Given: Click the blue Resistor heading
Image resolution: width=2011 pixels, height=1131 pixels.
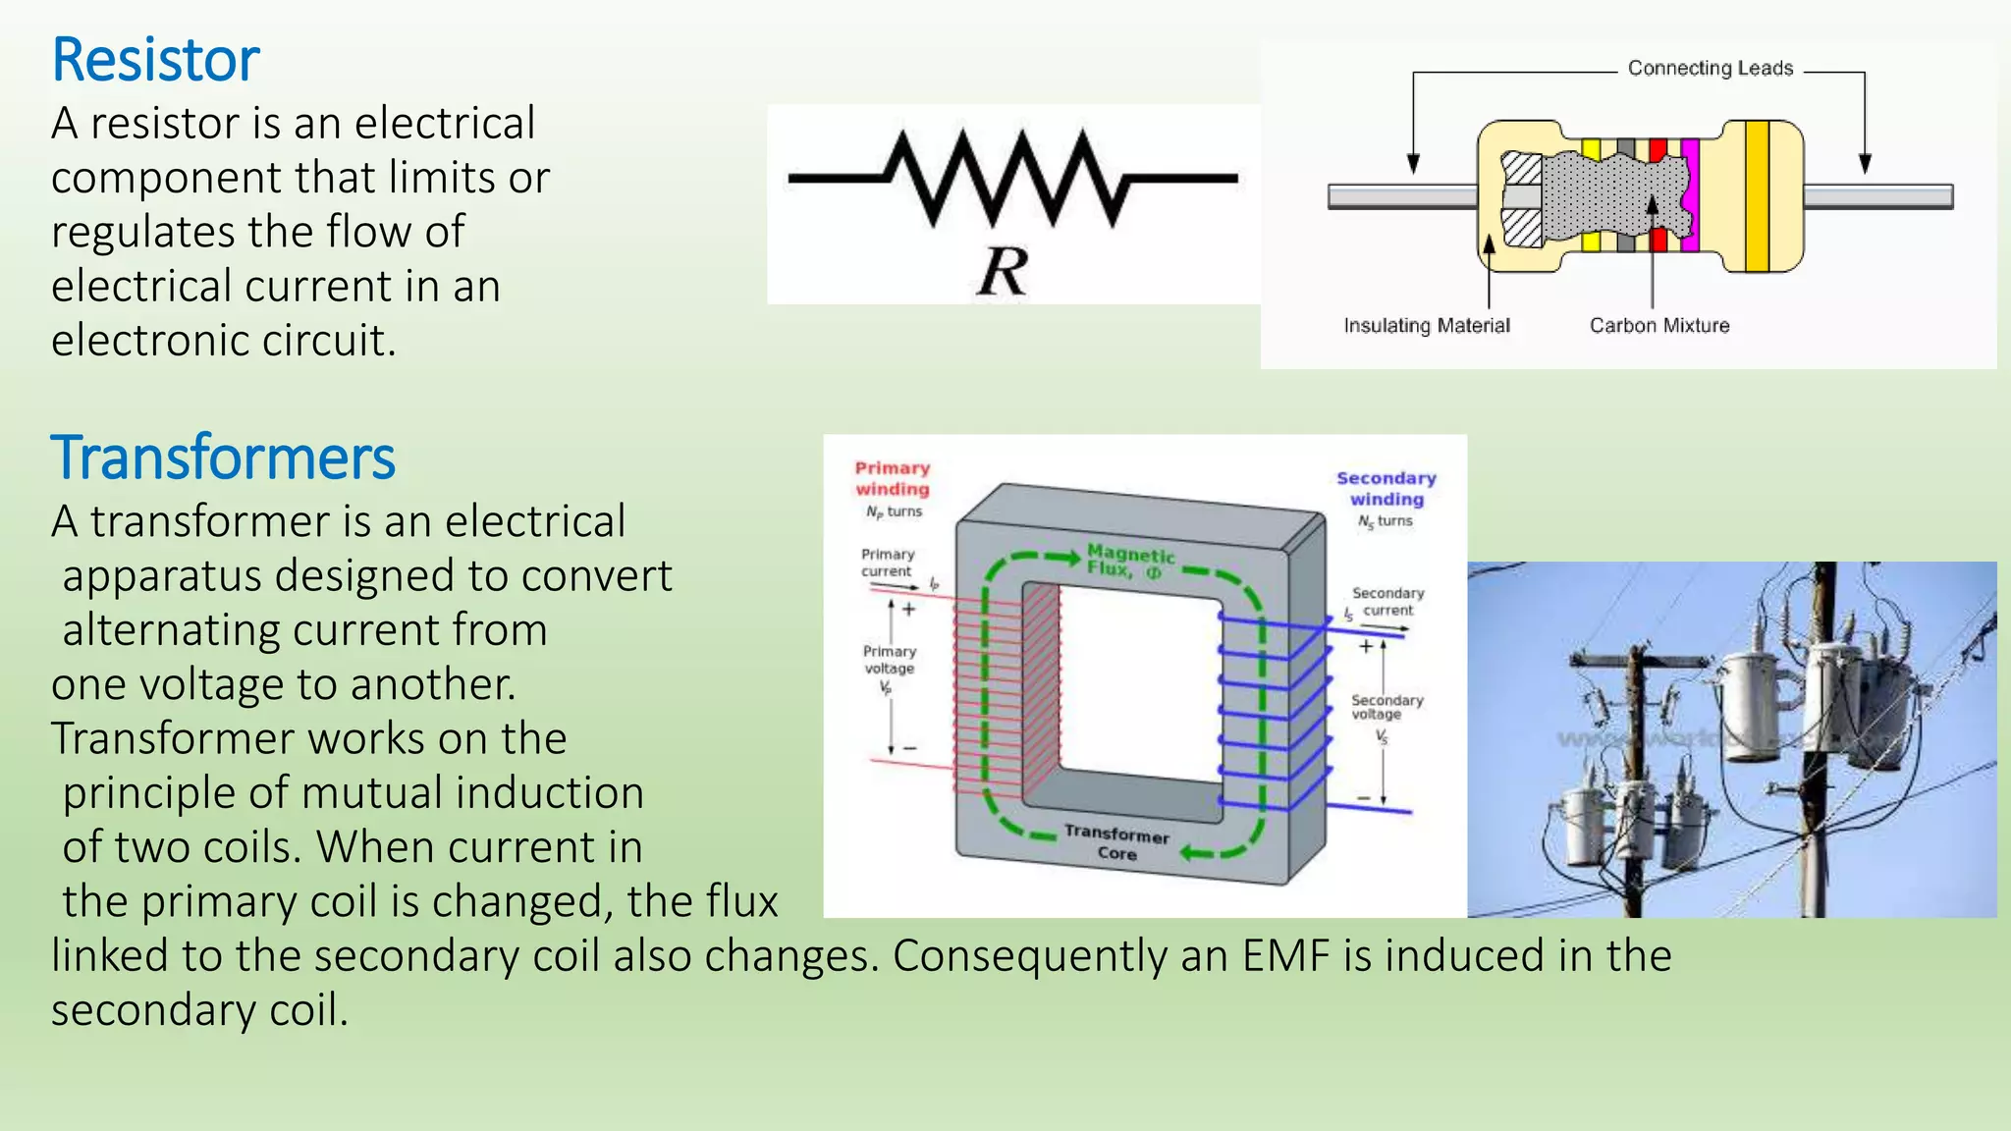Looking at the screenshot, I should click(155, 61).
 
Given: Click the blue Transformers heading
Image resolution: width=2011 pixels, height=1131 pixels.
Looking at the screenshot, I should click(223, 458).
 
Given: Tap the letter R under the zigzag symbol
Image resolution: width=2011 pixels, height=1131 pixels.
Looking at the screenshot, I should click(1003, 271).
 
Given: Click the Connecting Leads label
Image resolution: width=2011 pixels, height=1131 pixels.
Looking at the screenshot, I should click(1710, 69).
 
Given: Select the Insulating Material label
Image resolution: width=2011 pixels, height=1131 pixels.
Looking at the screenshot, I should click(1426, 326).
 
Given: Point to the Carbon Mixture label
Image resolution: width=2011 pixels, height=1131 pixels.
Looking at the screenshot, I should click(1658, 326).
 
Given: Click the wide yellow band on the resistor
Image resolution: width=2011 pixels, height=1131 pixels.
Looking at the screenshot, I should click(1757, 196).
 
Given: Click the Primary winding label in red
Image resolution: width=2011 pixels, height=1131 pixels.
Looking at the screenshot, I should click(892, 479).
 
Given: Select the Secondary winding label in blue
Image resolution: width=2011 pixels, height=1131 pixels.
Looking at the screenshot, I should click(1386, 489).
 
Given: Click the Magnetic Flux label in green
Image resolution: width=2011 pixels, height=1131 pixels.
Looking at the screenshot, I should click(1129, 562).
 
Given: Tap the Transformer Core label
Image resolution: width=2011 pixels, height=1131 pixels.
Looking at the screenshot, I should click(1116, 843).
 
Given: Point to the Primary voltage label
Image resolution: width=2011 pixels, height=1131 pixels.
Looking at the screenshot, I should click(889, 660).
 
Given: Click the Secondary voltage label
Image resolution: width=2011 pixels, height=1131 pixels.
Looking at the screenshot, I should click(1386, 707).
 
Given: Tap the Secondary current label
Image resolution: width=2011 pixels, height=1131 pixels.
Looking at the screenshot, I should click(1386, 602).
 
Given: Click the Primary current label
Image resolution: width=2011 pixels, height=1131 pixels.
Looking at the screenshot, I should click(887, 563).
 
